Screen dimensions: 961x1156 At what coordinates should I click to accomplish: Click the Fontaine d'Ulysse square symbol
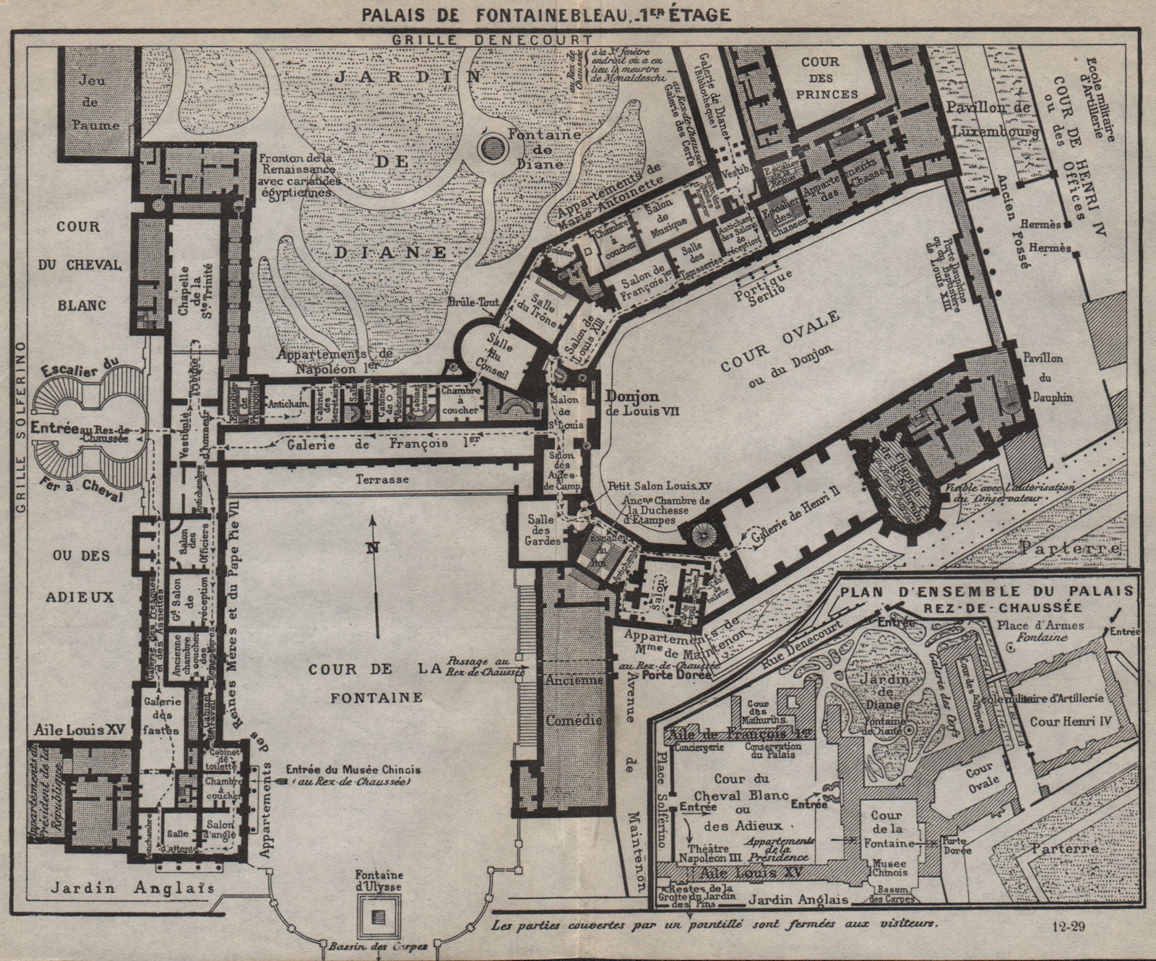376,916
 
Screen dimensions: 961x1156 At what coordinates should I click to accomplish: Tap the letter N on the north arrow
372,547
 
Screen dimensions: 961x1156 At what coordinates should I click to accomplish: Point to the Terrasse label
381,479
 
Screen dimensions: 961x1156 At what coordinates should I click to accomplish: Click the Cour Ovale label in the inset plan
983,779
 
